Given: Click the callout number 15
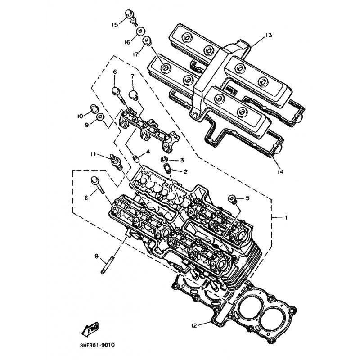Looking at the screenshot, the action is [x=115, y=25].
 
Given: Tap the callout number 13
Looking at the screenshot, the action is [x=269, y=36].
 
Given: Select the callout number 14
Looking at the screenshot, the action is [x=280, y=171].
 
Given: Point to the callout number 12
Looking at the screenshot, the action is [x=194, y=325].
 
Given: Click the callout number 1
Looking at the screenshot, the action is [x=286, y=217].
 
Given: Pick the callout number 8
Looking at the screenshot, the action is [x=96, y=256].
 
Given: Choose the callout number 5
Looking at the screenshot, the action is [x=247, y=198].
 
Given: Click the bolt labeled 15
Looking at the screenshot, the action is [x=130, y=17].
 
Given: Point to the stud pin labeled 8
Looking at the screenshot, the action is [x=107, y=265].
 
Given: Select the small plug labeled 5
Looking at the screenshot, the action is [x=232, y=198].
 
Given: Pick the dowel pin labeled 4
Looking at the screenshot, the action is [x=137, y=158].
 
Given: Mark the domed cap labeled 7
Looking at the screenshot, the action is [x=133, y=95].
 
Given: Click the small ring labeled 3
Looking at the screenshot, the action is [x=164, y=159].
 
